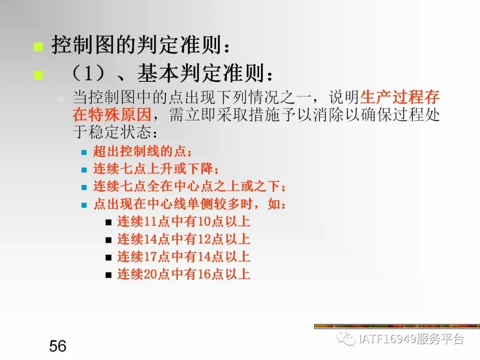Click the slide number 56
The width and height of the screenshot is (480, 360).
(58, 345)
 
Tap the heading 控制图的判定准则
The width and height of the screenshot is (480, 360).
(141, 45)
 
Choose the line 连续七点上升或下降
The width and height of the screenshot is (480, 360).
(156, 169)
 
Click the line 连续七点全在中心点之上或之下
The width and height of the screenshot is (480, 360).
(189, 187)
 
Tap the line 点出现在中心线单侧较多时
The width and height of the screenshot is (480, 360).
(189, 204)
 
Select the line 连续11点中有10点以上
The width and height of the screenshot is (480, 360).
(184, 221)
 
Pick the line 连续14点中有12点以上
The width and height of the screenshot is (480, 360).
(184, 239)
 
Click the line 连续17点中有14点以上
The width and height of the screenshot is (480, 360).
(184, 256)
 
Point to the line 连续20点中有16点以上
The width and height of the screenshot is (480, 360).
(184, 274)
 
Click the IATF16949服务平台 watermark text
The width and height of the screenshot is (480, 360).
(411, 340)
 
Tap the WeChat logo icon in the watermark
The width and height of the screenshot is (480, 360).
(346, 340)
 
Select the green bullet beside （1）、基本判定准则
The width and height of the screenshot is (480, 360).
(39, 75)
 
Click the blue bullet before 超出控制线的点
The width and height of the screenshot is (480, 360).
(84, 152)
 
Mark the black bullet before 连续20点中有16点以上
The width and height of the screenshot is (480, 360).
(108, 275)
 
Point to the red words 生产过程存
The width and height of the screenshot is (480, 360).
(400, 97)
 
